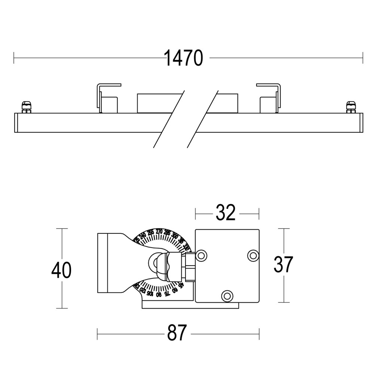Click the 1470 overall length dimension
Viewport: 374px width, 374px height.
click(184, 58)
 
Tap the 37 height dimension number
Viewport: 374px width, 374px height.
click(283, 265)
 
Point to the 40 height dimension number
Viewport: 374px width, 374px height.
click(61, 270)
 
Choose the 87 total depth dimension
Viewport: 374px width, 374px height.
click(176, 332)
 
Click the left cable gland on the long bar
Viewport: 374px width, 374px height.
click(26, 107)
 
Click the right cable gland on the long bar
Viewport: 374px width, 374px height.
click(350, 107)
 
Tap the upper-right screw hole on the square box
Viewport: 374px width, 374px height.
click(253, 255)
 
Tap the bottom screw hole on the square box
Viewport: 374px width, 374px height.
click(227, 295)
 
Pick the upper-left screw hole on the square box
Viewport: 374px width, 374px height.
click(201, 255)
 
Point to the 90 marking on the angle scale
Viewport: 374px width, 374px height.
click(159, 294)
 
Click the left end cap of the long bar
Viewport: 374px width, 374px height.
click(16, 123)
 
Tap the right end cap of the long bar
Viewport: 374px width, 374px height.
click(361, 123)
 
